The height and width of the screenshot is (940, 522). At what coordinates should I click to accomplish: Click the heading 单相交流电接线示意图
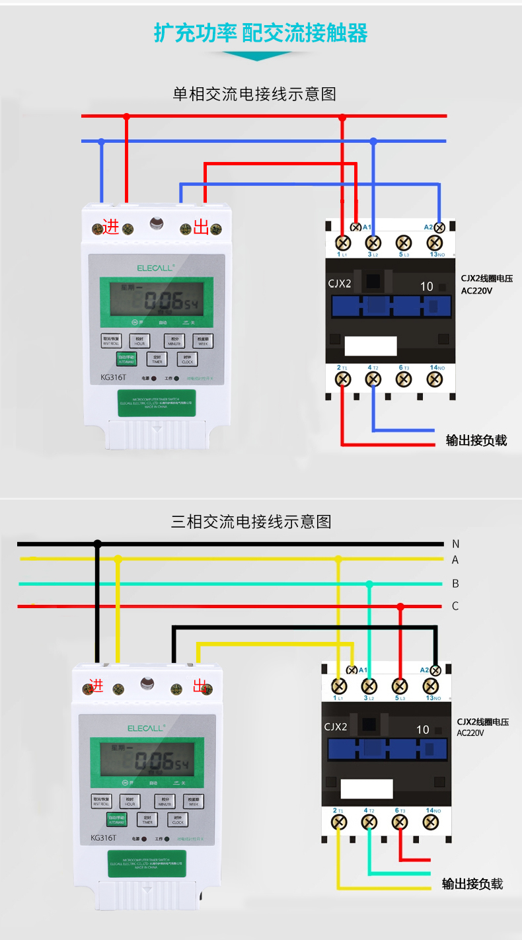click(x=254, y=94)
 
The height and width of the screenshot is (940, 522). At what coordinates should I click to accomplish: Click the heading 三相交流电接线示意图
click(x=251, y=522)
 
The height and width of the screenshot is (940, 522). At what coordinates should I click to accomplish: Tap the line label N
click(x=455, y=544)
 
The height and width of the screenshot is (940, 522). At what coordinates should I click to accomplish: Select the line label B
click(x=455, y=584)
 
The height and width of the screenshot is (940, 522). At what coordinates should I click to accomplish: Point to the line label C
click(x=455, y=606)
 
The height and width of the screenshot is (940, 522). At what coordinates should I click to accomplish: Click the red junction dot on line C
click(x=400, y=606)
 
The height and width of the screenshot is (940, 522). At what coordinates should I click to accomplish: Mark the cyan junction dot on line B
click(x=369, y=584)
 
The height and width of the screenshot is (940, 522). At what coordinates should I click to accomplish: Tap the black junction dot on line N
click(x=98, y=544)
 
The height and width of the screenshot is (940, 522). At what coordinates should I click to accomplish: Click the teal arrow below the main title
click(x=260, y=56)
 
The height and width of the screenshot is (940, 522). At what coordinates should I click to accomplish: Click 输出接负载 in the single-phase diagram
click(x=476, y=440)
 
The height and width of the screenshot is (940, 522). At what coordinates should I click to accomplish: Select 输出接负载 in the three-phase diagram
click(x=472, y=884)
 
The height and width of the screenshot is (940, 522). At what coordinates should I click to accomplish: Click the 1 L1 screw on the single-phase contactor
click(x=343, y=242)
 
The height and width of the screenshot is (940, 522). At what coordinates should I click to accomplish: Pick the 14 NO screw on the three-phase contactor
click(x=430, y=822)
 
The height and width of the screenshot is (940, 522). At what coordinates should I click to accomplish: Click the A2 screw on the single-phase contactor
click(x=439, y=227)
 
